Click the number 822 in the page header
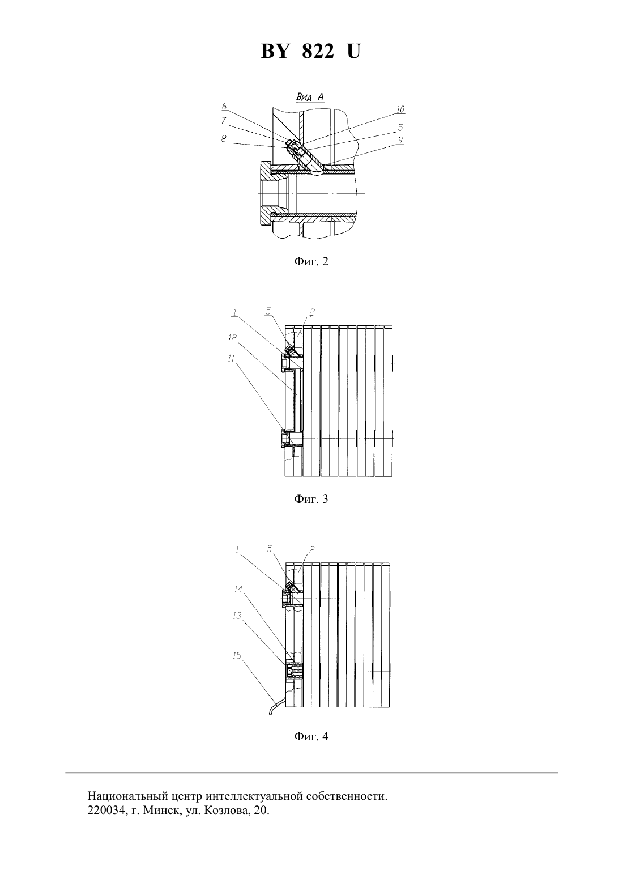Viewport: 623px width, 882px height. (x=318, y=51)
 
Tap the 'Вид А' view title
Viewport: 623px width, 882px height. (x=310, y=97)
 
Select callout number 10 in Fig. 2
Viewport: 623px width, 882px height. (x=400, y=109)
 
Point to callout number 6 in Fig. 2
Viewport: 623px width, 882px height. (x=224, y=107)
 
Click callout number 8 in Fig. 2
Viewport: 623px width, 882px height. (x=223, y=139)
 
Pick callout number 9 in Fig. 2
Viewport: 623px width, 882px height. (x=400, y=140)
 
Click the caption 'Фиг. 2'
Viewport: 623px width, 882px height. (x=311, y=261)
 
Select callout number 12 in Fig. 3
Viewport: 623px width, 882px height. (x=232, y=338)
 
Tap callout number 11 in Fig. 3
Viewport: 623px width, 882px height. (x=231, y=358)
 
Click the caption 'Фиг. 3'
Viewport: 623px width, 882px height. (x=311, y=499)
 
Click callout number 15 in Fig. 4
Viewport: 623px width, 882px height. (x=237, y=655)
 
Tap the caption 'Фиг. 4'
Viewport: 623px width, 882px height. (x=311, y=736)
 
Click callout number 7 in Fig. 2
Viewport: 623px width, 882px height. (x=223, y=121)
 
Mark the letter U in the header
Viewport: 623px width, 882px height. (x=353, y=51)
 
